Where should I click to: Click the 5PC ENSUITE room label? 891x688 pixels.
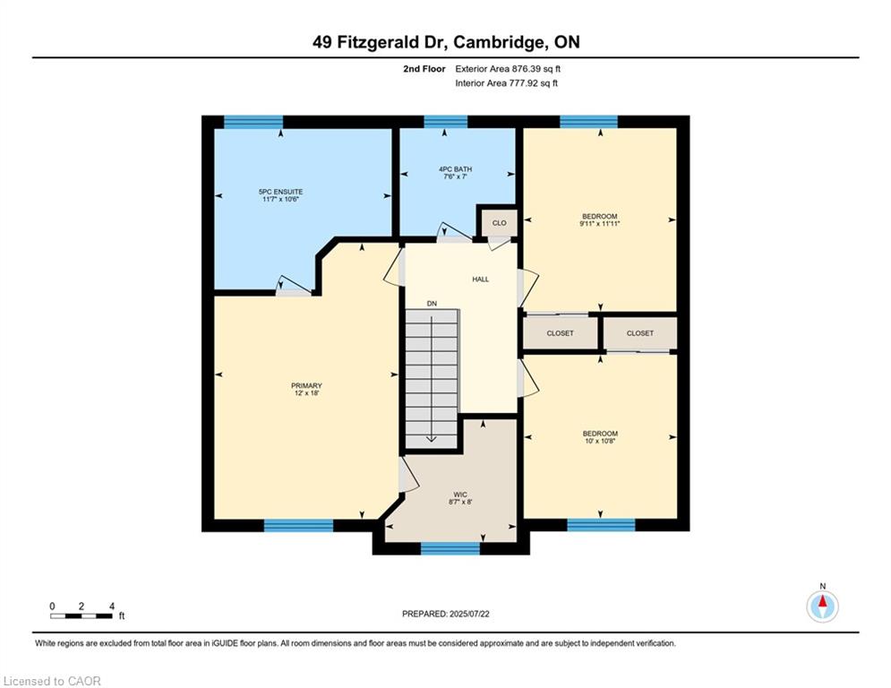280,193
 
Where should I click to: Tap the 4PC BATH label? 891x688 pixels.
455,169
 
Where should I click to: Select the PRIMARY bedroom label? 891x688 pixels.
306,385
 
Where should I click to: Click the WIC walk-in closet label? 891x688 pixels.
460,494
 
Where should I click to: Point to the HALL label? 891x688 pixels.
481,279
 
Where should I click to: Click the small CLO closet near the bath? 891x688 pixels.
499,223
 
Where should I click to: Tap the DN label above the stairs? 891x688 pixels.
432,304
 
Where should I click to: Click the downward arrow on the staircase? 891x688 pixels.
432,379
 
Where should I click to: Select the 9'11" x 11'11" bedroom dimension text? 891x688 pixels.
599,224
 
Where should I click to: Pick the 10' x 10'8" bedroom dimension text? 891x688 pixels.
600,441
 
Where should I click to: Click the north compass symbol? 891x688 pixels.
822,606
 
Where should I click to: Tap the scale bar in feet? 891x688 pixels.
81,615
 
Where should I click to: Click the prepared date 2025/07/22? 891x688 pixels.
469,614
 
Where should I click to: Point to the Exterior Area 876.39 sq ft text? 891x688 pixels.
508,69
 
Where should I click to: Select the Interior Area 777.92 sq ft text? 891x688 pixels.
506,83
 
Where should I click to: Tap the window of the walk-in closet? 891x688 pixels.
450,548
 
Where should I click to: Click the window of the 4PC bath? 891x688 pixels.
446,122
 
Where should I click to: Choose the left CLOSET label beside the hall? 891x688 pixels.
561,333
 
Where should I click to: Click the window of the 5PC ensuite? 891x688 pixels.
253,122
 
